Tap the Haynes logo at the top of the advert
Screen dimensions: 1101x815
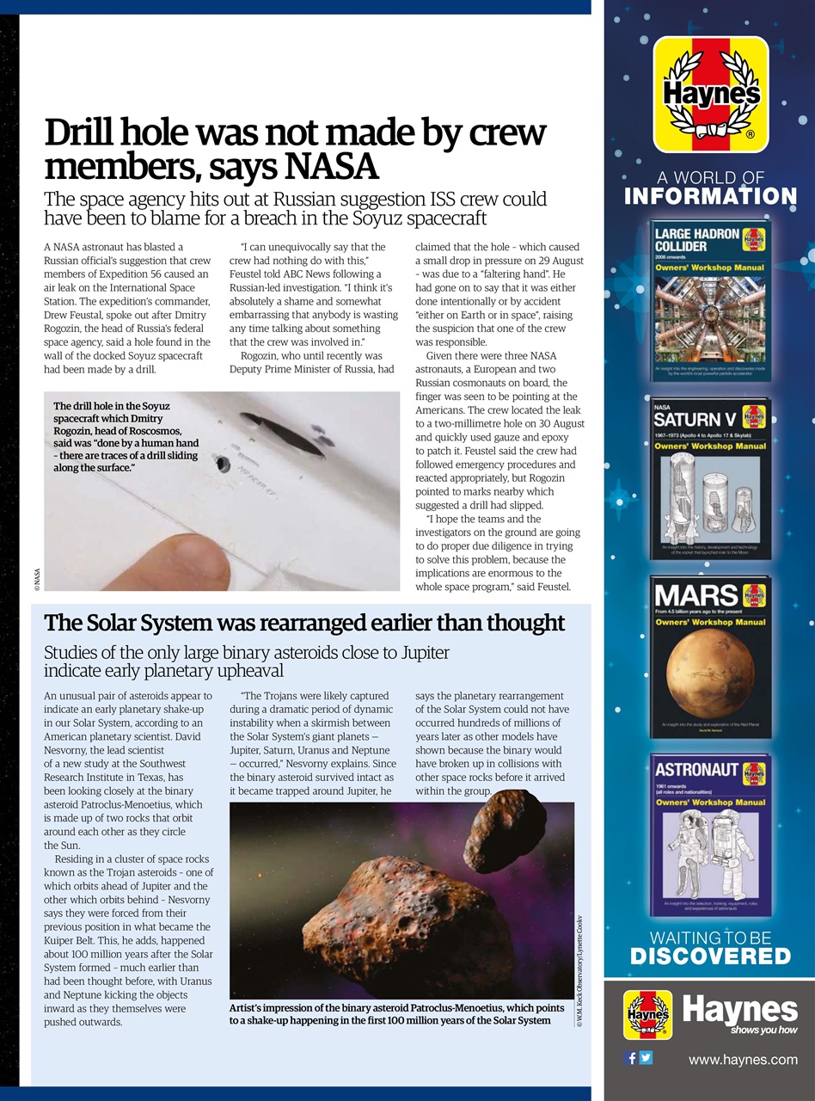tap(710, 94)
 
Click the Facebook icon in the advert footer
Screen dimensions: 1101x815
tap(631, 1058)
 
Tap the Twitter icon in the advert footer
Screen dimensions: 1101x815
tap(646, 1058)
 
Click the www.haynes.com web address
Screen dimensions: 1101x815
tap(743, 1060)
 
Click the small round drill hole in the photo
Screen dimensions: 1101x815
tap(224, 464)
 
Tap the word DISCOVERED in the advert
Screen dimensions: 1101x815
tap(710, 956)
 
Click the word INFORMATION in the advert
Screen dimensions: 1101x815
tap(710, 196)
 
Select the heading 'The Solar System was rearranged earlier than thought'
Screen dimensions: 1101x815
tap(304, 623)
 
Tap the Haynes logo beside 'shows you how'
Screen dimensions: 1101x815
tap(647, 1015)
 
